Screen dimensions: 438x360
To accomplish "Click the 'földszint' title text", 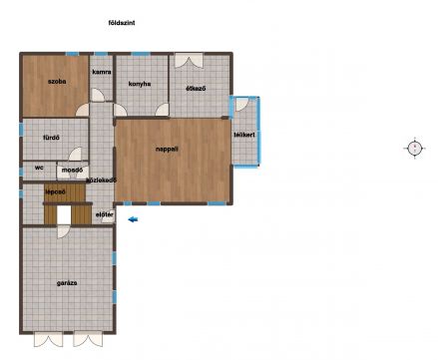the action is point(122,23).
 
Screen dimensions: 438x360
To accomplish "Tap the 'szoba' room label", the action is point(57,82).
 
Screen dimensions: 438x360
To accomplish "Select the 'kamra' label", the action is point(102,72).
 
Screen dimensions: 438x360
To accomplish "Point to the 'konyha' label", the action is point(140,84).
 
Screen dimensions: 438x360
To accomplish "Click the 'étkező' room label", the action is point(196,89).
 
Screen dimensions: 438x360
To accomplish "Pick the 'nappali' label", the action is point(167,150).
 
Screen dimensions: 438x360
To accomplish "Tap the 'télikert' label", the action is point(244,135).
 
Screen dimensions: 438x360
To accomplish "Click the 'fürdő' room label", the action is point(51,138).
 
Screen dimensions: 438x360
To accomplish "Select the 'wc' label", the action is point(39,168).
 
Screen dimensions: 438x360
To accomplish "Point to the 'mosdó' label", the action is point(72,171).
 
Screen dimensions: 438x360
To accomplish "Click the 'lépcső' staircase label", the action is point(55,191).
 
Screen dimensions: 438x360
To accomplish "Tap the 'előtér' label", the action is point(105,214).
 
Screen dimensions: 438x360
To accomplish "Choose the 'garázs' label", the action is point(67,283).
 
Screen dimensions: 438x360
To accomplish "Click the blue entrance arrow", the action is point(133,219).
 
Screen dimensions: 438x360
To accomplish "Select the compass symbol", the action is point(415,148).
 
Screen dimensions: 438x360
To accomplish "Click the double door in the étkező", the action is point(189,61).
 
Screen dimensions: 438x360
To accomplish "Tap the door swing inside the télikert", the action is point(241,105).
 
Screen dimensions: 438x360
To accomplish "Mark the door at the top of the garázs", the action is point(64,231).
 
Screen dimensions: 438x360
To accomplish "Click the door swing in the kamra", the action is point(98,95).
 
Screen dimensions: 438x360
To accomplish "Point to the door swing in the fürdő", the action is point(75,155).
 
